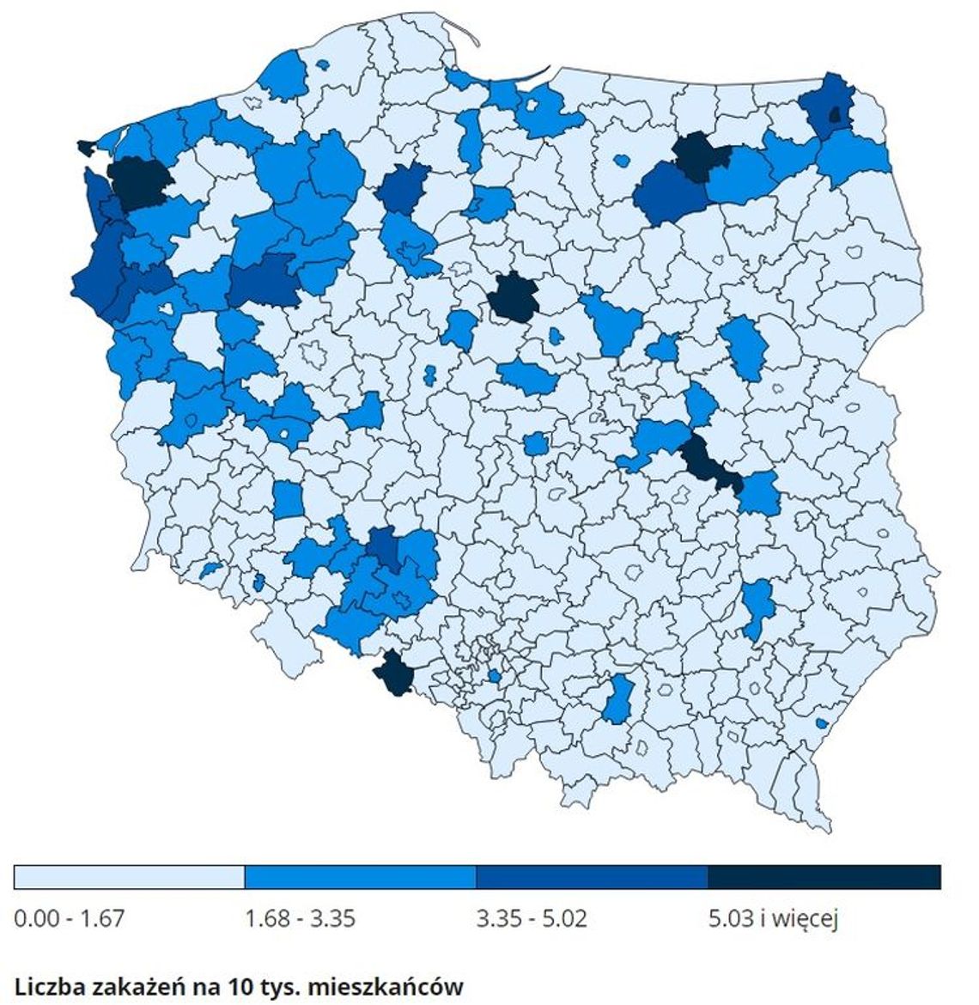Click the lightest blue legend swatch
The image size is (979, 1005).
coord(129,877)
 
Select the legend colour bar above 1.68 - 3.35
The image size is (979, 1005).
coord(360,877)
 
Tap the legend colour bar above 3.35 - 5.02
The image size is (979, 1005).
coord(592,877)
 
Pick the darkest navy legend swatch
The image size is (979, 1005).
coord(824,877)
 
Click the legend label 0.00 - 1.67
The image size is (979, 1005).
coord(70,918)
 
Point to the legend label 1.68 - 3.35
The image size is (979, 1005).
coord(300,918)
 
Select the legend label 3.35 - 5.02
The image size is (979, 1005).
coord(532,918)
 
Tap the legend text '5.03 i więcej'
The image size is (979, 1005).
coord(773,918)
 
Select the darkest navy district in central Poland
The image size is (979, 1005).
coord(512,298)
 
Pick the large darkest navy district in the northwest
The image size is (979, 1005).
coord(139,182)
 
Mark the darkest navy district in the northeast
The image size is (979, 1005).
coord(700,155)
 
